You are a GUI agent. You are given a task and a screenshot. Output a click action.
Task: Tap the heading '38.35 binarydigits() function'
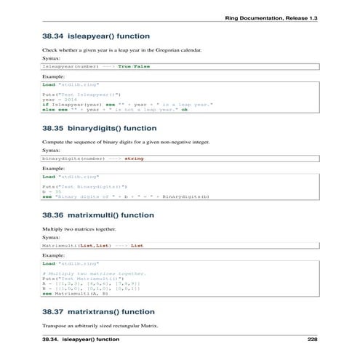pos(100,129)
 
